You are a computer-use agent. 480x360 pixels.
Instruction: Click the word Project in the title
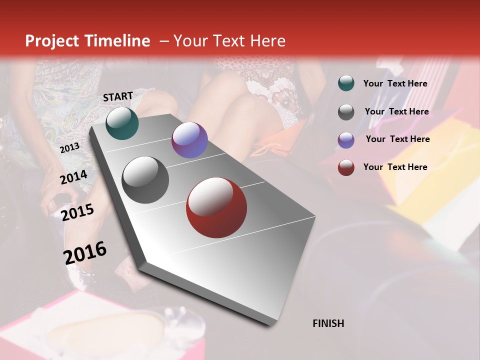pyautogui.click(x=52, y=41)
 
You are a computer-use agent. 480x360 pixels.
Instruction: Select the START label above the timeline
pyautogui.click(x=118, y=96)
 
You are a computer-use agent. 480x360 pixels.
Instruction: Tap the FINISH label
pyautogui.click(x=328, y=323)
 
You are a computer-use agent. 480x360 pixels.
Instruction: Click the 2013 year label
pyautogui.click(x=69, y=148)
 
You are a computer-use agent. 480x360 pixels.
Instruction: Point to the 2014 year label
pyautogui.click(x=74, y=177)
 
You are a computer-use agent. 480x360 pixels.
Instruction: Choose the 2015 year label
pyautogui.click(x=77, y=212)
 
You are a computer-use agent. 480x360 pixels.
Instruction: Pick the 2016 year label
pyautogui.click(x=85, y=252)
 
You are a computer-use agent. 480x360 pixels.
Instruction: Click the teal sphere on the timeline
pyautogui.click(x=122, y=123)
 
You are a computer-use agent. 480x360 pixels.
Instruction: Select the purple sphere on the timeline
pyautogui.click(x=189, y=140)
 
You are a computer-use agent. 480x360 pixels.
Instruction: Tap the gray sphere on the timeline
pyautogui.click(x=145, y=180)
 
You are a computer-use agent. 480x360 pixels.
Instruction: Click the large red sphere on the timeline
pyautogui.click(x=216, y=207)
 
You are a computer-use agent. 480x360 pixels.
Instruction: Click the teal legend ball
pyautogui.click(x=346, y=83)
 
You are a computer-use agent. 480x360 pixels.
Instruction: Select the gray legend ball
pyautogui.click(x=346, y=112)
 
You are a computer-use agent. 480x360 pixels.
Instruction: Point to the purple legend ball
pyautogui.click(x=346, y=140)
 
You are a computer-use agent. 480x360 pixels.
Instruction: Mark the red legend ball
pyautogui.click(x=346, y=167)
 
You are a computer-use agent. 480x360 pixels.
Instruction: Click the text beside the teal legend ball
pyautogui.click(x=395, y=83)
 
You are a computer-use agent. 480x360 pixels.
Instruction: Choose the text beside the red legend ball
pyautogui.click(x=395, y=167)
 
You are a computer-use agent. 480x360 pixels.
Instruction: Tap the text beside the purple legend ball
pyautogui.click(x=397, y=139)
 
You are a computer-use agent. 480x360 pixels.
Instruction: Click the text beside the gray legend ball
pyautogui.click(x=396, y=111)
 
